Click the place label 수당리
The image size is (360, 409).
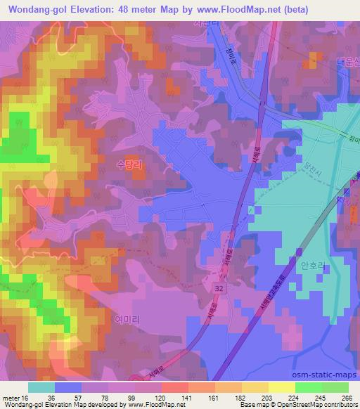[x=130, y=162]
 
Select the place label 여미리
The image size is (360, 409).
[x=127, y=319]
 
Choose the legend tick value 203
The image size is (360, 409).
[x=265, y=397]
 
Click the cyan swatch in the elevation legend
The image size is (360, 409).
[x=41, y=387]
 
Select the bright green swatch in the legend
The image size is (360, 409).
[x=309, y=387]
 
